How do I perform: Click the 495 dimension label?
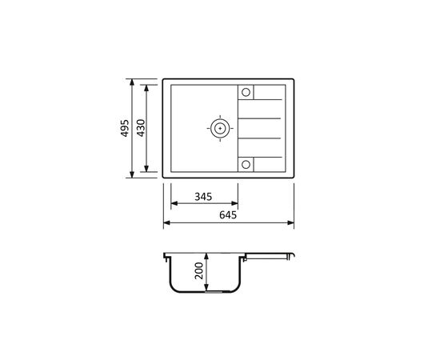click(x=125, y=128)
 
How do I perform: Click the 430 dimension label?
click(x=141, y=128)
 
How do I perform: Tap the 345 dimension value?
click(x=203, y=197)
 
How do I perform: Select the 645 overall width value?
click(x=228, y=215)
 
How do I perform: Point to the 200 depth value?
click(x=198, y=270)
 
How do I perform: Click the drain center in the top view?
click(x=220, y=128)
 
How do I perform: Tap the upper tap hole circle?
click(x=246, y=92)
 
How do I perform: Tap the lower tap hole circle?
click(x=246, y=165)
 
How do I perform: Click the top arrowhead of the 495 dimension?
click(x=132, y=82)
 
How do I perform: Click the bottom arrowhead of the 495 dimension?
click(x=132, y=174)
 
